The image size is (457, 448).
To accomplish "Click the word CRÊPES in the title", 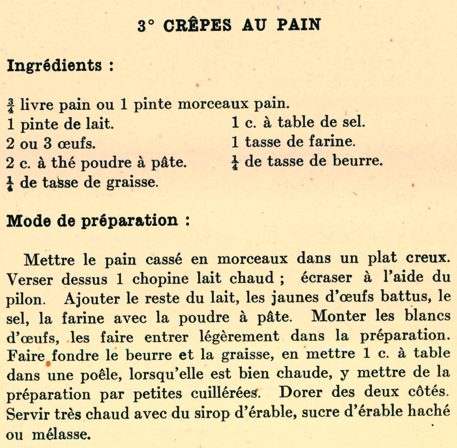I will pyautogui.click(x=198, y=25).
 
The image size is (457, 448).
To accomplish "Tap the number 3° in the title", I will pyautogui.click(x=146, y=25).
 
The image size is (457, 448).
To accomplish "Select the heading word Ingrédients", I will pyautogui.click(x=54, y=66).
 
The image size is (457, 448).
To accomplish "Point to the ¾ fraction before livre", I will pyautogui.click(x=11, y=105).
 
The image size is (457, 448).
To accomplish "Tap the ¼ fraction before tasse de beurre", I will pyautogui.click(x=235, y=162).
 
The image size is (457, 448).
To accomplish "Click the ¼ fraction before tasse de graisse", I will pyautogui.click(x=11, y=183).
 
